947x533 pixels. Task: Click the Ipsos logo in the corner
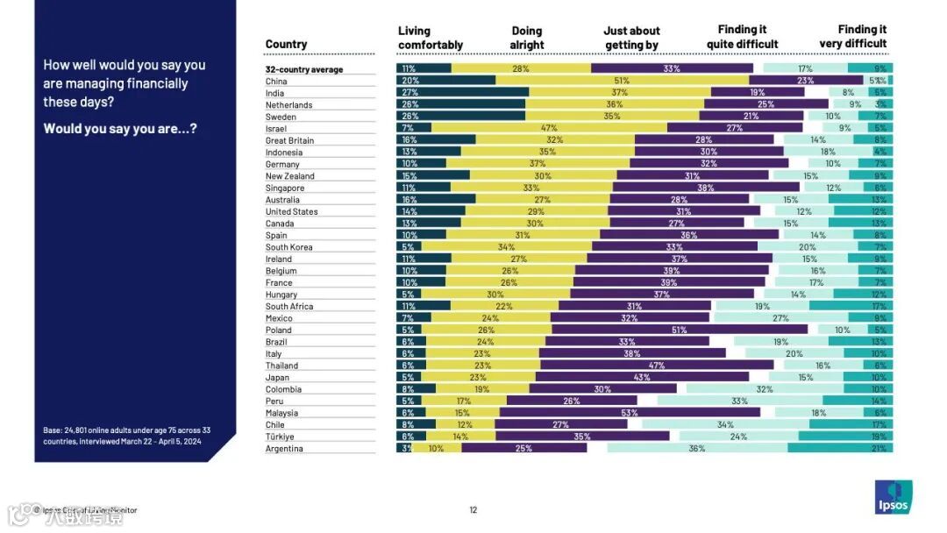point(895,497)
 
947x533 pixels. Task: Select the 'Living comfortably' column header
point(430,38)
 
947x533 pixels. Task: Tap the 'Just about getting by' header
point(631,38)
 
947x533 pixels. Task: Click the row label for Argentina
point(284,449)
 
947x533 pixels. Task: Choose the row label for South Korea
point(289,247)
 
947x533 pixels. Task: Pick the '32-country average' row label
point(304,69)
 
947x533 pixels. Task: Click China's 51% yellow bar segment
point(622,81)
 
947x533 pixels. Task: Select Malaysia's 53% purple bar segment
point(630,413)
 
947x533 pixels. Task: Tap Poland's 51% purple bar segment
point(679,330)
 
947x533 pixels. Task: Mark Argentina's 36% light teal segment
point(696,449)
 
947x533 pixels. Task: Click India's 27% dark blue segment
point(462,93)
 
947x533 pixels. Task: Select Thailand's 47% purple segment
point(656,366)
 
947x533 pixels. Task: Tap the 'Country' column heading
point(286,44)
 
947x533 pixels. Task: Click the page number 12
point(473,510)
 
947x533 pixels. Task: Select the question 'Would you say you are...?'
point(120,129)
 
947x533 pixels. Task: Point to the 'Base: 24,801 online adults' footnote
point(126,436)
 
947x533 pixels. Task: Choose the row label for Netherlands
point(288,105)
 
